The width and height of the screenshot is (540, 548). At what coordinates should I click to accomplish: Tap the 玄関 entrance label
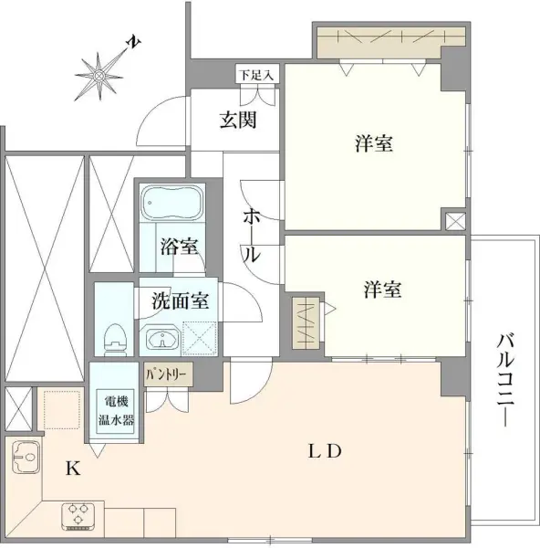pyautogui.click(x=236, y=121)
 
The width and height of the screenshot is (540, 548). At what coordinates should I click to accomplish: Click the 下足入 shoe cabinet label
pyautogui.click(x=256, y=73)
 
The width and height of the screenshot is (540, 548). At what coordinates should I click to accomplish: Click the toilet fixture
pyautogui.click(x=114, y=339)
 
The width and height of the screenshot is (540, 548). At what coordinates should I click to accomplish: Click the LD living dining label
pyautogui.click(x=323, y=451)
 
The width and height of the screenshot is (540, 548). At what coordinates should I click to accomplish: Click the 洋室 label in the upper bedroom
pyautogui.click(x=374, y=144)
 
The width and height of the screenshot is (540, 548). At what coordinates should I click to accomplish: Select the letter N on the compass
pyautogui.click(x=133, y=42)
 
